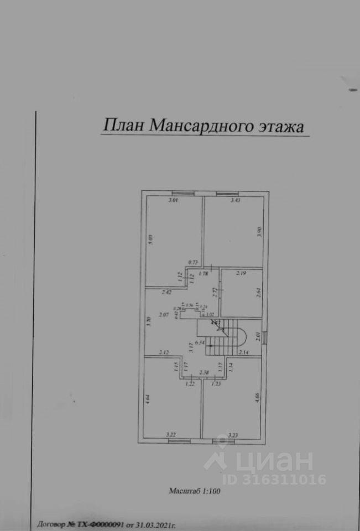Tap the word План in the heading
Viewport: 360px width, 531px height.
[x=118, y=125]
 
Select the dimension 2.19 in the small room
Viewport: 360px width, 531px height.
[x=241, y=273]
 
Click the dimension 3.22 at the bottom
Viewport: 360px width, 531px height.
[x=171, y=435]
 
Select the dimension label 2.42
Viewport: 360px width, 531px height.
[x=166, y=291]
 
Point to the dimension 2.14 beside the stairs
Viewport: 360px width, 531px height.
[x=244, y=352]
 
